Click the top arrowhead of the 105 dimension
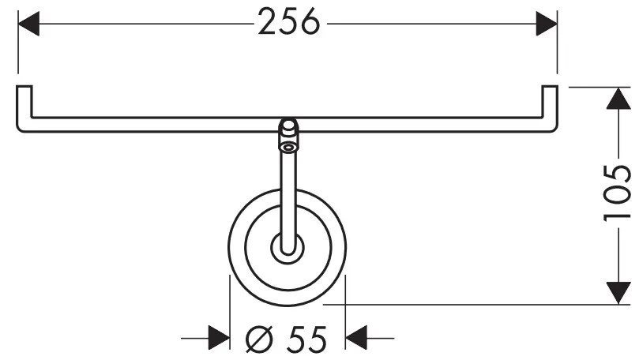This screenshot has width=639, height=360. point(618,98)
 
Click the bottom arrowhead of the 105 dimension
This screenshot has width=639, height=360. point(618,291)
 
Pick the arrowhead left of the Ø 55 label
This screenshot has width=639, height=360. point(219,339)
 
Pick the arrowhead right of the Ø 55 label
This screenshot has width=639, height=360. point(357,339)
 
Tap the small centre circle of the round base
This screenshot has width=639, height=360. point(288,246)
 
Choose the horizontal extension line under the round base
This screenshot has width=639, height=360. point(474,304)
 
